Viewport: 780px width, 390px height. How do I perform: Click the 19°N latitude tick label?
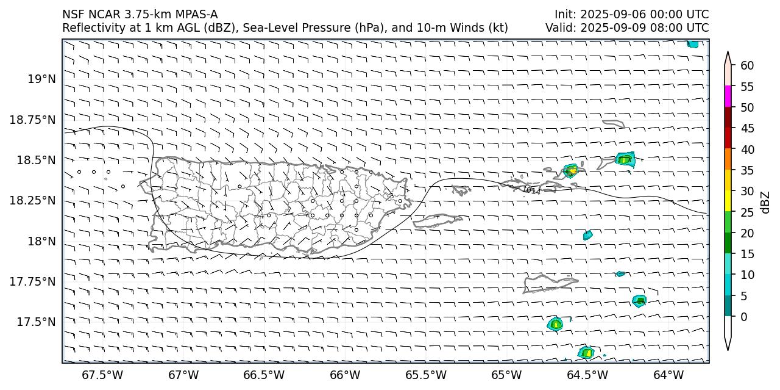41,79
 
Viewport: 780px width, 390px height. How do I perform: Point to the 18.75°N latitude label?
32,120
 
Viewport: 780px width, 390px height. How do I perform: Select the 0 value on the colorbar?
743,317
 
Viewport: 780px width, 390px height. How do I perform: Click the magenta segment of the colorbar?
728,96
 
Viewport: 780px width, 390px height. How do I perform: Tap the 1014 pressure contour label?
531,190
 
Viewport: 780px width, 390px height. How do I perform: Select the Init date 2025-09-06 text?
610,14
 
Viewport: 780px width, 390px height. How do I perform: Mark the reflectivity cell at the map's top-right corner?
692,44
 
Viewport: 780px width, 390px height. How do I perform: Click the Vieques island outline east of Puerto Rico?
438,220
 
